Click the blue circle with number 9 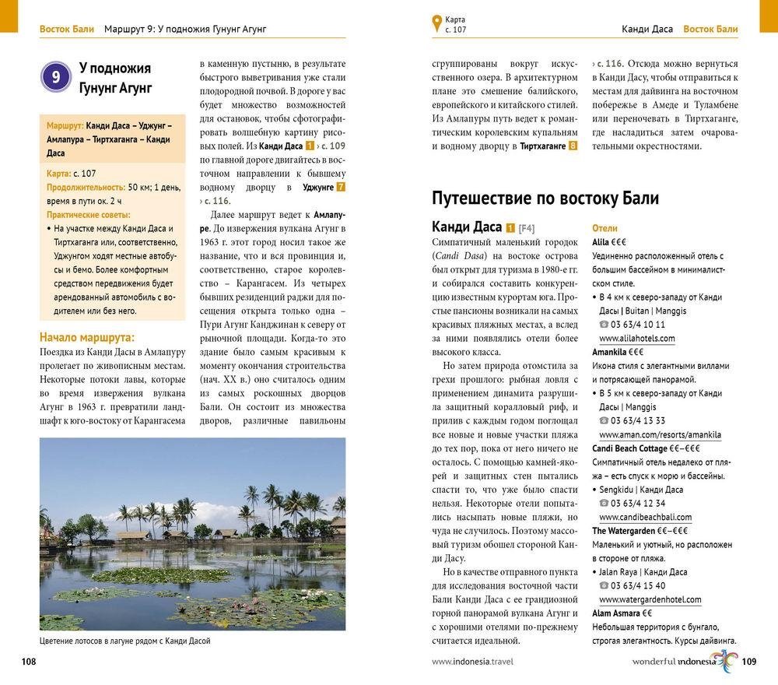tap(56, 76)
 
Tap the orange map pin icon tap(436, 23)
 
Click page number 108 tap(29, 662)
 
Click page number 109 tap(749, 662)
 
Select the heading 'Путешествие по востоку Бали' tap(545, 198)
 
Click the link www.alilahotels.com tap(636, 339)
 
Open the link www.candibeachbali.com tap(645, 517)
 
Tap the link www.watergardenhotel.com tap(650, 599)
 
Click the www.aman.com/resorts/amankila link tap(660, 434)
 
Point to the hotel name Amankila tap(609, 352)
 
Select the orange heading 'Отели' tap(605, 228)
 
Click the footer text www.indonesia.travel tap(472, 662)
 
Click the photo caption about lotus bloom tap(124, 641)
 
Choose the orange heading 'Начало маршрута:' tap(87, 337)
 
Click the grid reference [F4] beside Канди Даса tap(527, 228)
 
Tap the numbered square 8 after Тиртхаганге tap(573, 146)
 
